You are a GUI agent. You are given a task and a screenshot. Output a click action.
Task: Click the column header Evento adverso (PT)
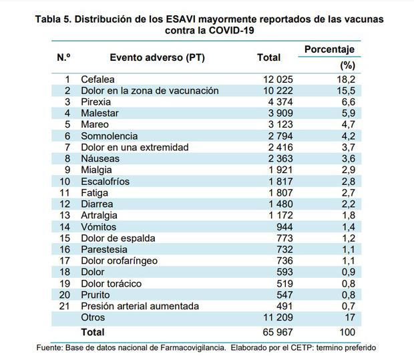pos(157,58)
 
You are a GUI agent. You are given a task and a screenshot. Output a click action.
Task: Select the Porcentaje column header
pos(329,49)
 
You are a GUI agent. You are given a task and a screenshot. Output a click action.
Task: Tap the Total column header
pos(268,58)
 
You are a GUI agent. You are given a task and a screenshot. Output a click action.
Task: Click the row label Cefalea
pos(97,79)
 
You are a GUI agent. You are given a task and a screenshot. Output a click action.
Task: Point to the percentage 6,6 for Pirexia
pos(347,102)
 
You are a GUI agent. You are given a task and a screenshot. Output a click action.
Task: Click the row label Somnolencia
pos(110,136)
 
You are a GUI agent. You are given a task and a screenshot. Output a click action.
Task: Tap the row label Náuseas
pos(100,158)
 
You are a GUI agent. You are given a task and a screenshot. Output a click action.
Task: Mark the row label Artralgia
pos(99,215)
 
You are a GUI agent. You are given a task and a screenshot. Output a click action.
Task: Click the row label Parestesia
pos(104,249)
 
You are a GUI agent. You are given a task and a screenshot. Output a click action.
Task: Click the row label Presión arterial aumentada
pos(140,306)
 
